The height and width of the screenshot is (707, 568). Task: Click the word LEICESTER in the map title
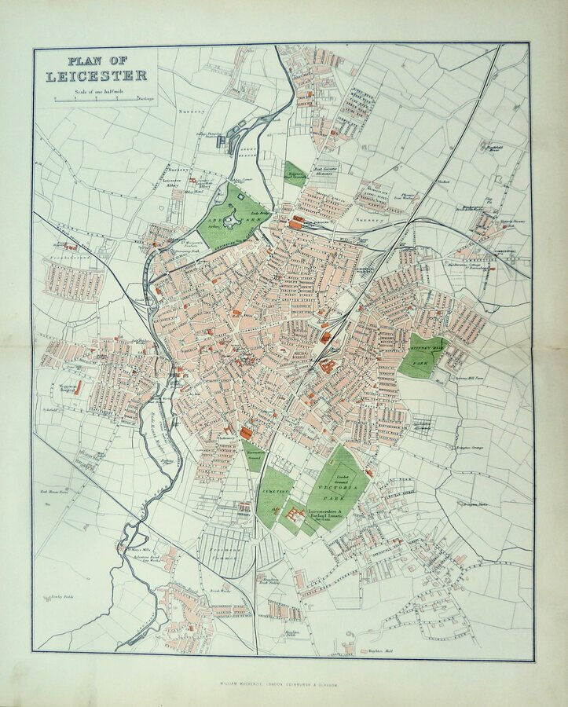[x=96, y=76]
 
